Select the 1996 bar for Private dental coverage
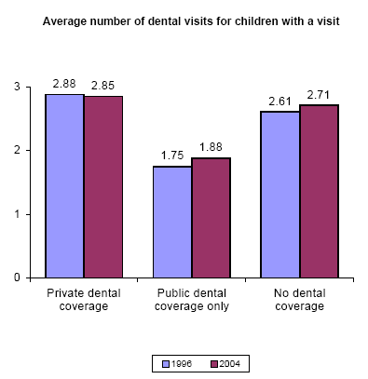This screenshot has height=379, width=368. [64, 185]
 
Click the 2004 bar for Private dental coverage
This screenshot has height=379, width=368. [102, 186]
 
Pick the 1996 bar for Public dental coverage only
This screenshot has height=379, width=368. [172, 222]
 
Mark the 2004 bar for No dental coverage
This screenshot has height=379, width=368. [319, 191]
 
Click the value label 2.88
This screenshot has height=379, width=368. [63, 84]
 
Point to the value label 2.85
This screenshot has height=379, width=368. [102, 86]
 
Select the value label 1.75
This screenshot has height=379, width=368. [171, 156]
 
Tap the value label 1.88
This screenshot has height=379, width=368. [211, 147]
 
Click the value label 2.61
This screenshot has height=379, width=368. [279, 101]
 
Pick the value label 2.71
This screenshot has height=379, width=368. [320, 94]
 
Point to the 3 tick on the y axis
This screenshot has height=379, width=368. [17, 87]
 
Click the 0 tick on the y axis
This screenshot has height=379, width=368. [17, 277]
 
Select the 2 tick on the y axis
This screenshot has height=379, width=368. [17, 150]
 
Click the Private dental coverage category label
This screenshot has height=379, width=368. [83, 300]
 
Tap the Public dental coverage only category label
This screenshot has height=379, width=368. [191, 300]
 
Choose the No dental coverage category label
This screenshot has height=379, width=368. [299, 300]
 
